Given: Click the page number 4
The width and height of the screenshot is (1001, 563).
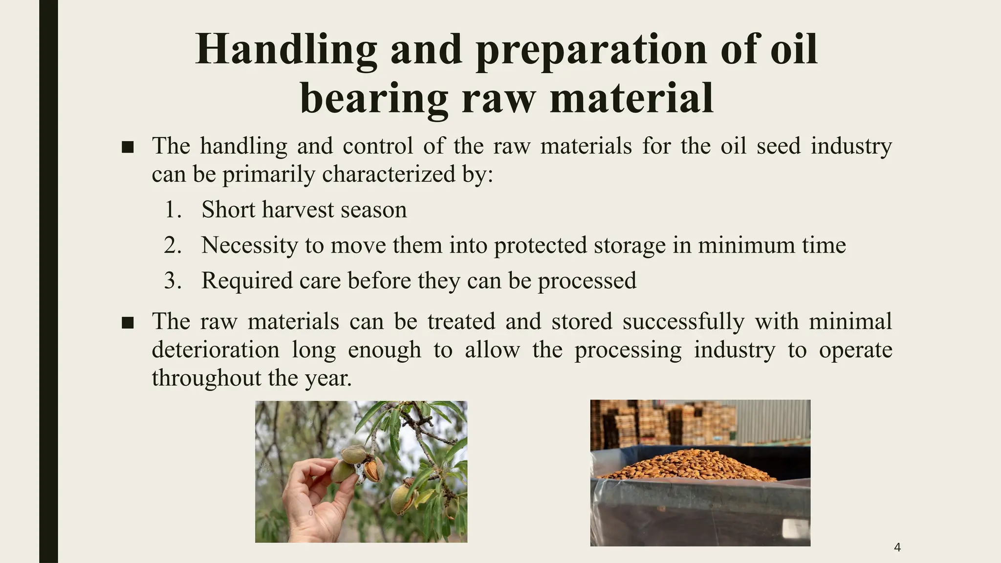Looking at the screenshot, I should (x=897, y=547).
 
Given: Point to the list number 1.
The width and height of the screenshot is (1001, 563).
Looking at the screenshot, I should (x=172, y=210).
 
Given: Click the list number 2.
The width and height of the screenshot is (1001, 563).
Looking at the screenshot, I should (x=172, y=245).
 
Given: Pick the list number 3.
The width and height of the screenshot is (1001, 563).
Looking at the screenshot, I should (x=172, y=281).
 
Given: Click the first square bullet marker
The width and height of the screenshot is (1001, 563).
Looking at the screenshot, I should (x=128, y=147).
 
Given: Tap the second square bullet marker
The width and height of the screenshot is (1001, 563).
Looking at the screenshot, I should (x=128, y=323).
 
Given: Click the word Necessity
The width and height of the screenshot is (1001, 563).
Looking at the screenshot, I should (x=249, y=245).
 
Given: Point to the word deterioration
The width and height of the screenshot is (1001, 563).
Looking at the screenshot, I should (x=216, y=350).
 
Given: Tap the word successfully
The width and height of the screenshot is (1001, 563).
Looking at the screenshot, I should (x=683, y=322).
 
